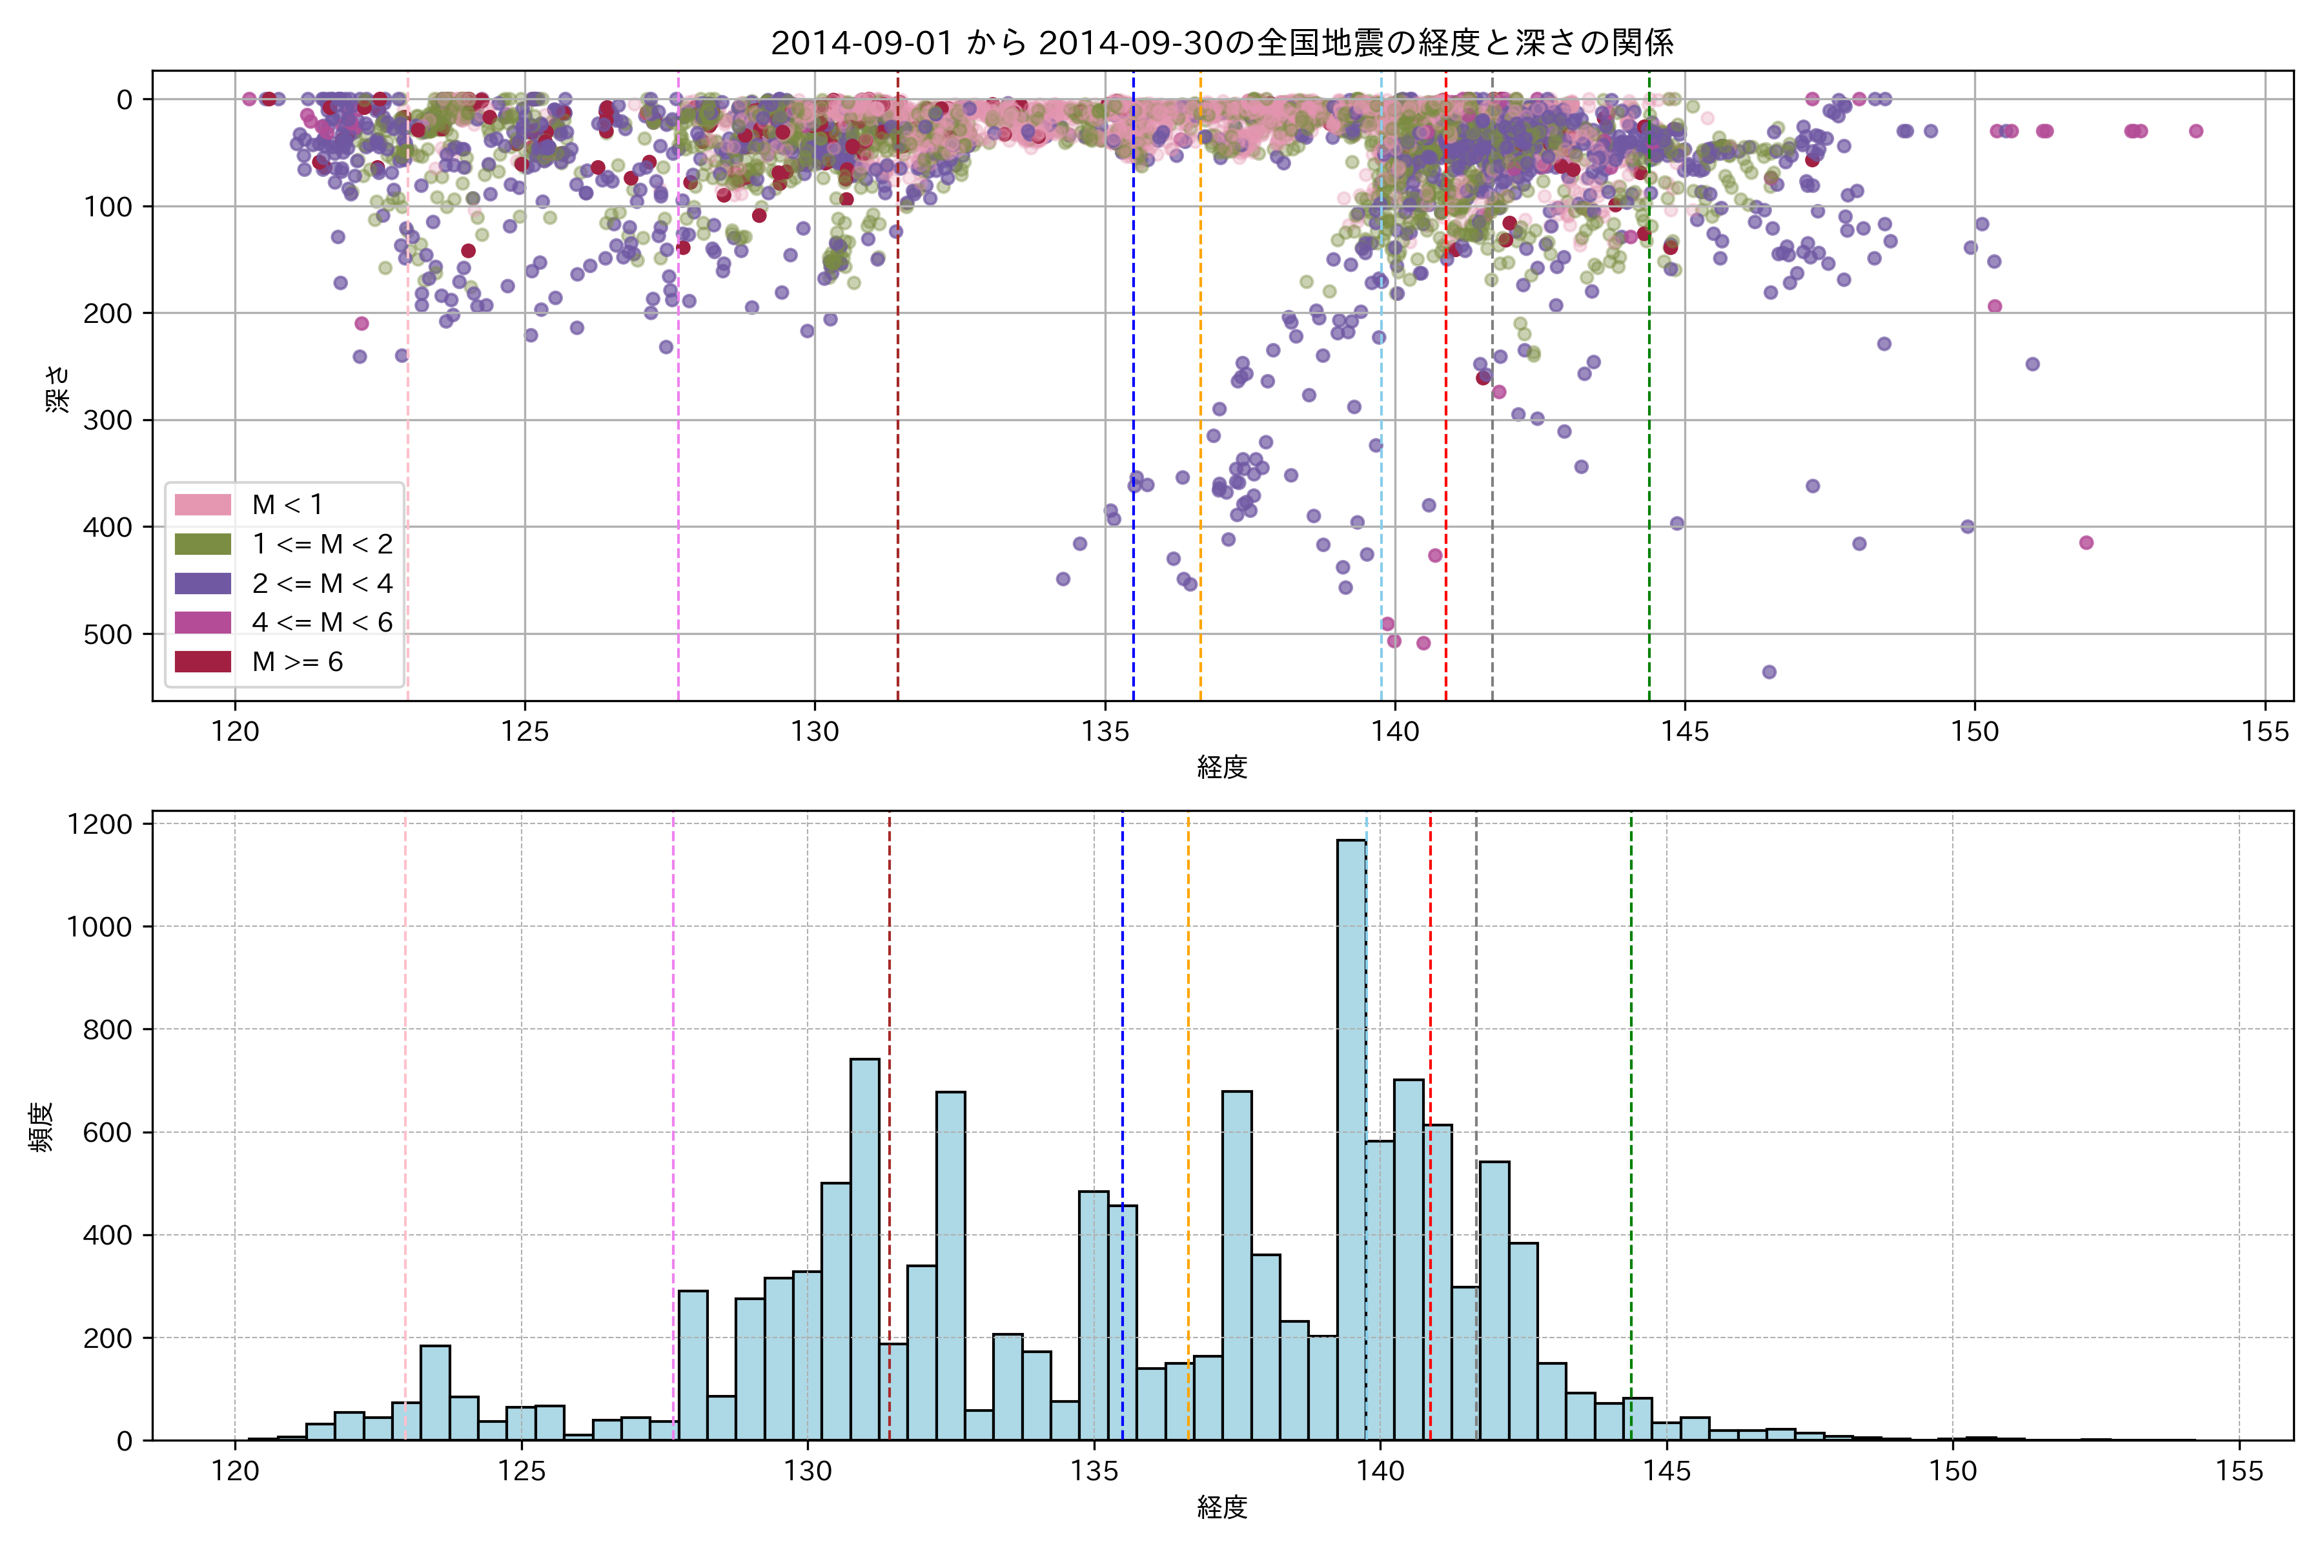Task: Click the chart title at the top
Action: click(x=1221, y=43)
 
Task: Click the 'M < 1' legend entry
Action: click(x=287, y=505)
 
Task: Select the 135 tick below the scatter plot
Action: click(x=1105, y=732)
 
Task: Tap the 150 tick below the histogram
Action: click(x=1952, y=1471)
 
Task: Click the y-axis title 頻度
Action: click(x=41, y=1127)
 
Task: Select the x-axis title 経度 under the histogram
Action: click(x=1221, y=1507)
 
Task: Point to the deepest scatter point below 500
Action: click(x=1769, y=672)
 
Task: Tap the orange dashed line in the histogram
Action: click(x=1188, y=1088)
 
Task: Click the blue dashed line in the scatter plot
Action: click(x=1134, y=296)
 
